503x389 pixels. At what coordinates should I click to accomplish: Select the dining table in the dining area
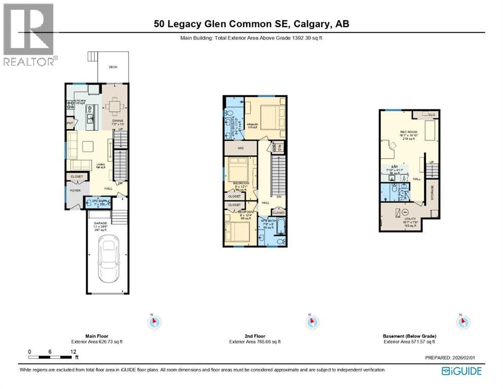[x=114, y=106]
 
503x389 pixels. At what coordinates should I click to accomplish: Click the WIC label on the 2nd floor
[x=241, y=148]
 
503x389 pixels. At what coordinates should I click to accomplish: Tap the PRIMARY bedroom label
[x=253, y=125]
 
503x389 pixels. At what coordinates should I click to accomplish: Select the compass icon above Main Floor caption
[x=154, y=322]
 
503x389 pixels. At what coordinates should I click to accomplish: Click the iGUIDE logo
[x=461, y=371]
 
